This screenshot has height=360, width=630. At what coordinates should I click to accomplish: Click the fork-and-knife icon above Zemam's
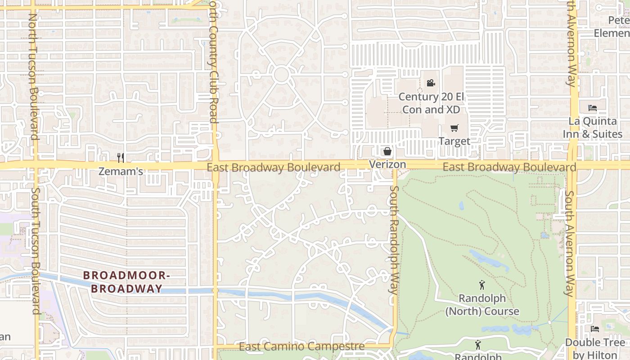click(121, 157)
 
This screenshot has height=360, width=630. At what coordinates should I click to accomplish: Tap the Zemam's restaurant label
click(121, 171)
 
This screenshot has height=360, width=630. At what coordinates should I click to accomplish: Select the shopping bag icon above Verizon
click(387, 151)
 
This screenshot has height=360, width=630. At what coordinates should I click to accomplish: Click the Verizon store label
click(387, 164)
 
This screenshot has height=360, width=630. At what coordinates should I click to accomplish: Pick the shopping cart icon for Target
click(454, 128)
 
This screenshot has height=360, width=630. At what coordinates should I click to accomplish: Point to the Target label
click(454, 141)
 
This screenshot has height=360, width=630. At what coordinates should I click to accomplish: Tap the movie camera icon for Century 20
click(431, 83)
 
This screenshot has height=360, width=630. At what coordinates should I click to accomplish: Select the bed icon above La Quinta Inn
click(593, 108)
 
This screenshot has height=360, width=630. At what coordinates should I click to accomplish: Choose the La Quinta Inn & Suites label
click(593, 127)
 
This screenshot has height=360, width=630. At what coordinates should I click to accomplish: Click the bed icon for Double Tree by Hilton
click(595, 329)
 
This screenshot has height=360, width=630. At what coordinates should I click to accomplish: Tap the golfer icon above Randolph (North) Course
click(482, 285)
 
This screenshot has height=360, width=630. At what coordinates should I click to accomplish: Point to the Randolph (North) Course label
click(482, 305)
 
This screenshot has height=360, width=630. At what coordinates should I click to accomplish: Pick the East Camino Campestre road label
click(301, 346)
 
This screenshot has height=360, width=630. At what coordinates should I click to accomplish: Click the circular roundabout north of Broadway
click(281, 75)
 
